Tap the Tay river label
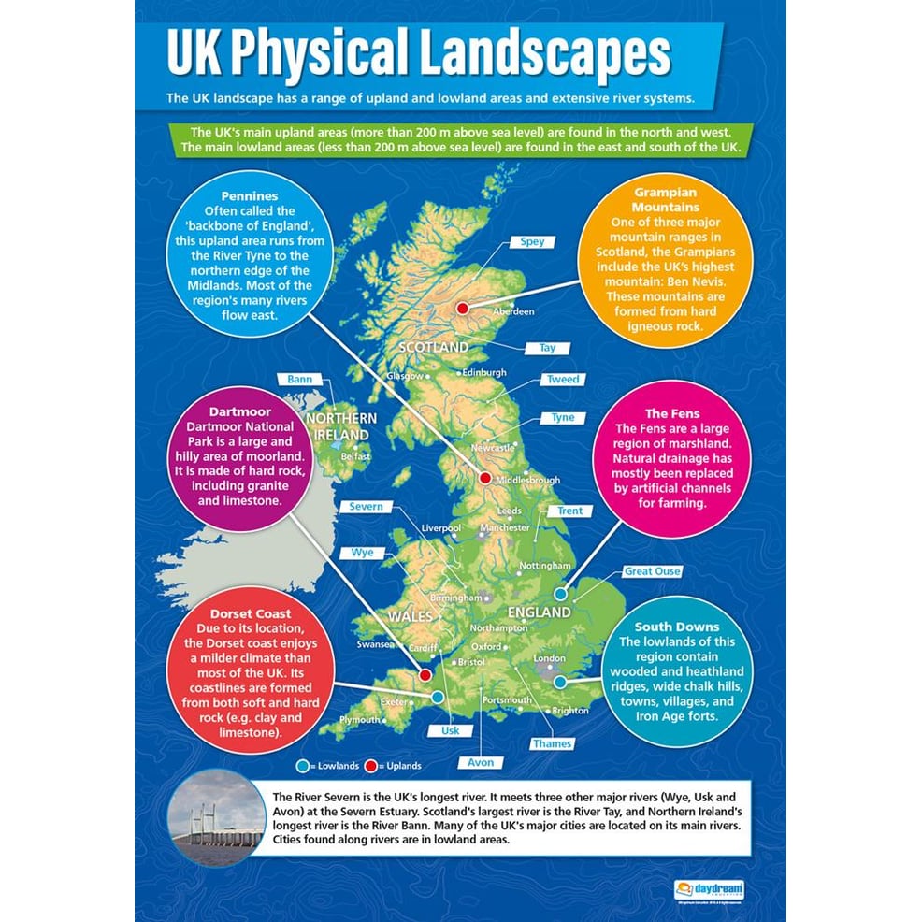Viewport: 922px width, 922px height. [547, 348]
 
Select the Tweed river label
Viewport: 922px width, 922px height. [562, 380]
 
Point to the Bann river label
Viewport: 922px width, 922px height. [299, 380]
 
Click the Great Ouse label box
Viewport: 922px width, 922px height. [652, 571]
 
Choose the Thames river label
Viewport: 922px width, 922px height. [552, 744]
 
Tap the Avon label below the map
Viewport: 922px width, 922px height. [480, 763]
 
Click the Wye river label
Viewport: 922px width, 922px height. [362, 553]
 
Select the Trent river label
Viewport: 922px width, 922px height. [569, 511]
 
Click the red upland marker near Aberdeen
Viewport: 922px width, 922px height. [461, 308]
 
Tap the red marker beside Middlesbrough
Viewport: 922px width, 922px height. [484, 478]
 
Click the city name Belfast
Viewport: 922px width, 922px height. [355, 456]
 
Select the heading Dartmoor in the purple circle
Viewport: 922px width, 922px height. [240, 411]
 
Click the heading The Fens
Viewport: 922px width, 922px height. [671, 413]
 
